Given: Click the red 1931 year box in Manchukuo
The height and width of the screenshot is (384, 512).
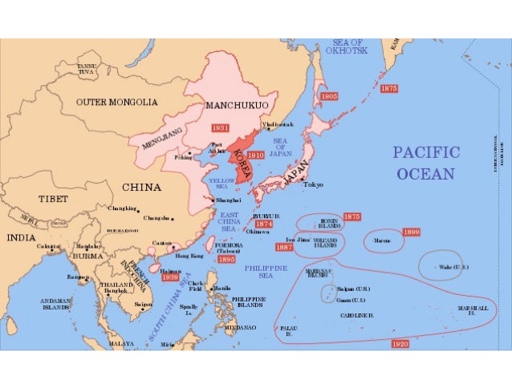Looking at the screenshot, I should (x=221, y=128).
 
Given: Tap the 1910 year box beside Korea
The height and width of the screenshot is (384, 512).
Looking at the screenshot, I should (x=256, y=155).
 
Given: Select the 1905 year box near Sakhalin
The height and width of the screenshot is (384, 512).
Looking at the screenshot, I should (x=329, y=95).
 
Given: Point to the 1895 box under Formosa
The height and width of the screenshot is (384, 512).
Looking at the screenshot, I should (x=227, y=260).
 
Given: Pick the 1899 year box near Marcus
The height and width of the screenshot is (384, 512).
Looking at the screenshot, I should (x=411, y=232).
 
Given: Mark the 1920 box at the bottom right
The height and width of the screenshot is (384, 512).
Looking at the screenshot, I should (x=400, y=343).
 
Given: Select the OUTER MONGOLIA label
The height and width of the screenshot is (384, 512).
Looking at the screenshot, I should (x=117, y=103).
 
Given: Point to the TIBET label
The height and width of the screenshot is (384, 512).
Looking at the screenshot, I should (x=54, y=198).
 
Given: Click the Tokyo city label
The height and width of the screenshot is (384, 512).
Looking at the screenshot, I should (x=313, y=185).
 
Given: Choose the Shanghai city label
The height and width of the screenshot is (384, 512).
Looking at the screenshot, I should (x=229, y=200).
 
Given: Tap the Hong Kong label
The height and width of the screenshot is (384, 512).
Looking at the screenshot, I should (x=189, y=256).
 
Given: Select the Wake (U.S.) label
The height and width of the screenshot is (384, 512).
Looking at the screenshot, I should (x=454, y=266).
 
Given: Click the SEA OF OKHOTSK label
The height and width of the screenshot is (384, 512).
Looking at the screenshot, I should (x=346, y=46).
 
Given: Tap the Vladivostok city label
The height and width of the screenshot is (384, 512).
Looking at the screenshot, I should (x=278, y=125).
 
